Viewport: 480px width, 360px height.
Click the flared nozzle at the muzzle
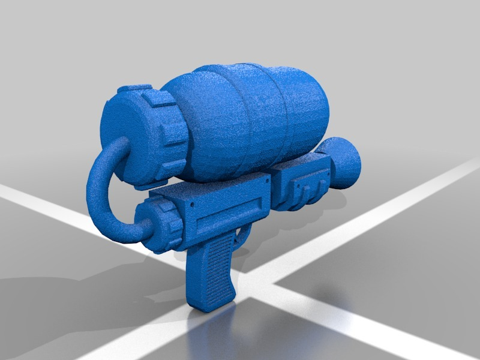[x=346, y=162]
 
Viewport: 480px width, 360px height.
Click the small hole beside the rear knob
[x=191, y=206]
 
